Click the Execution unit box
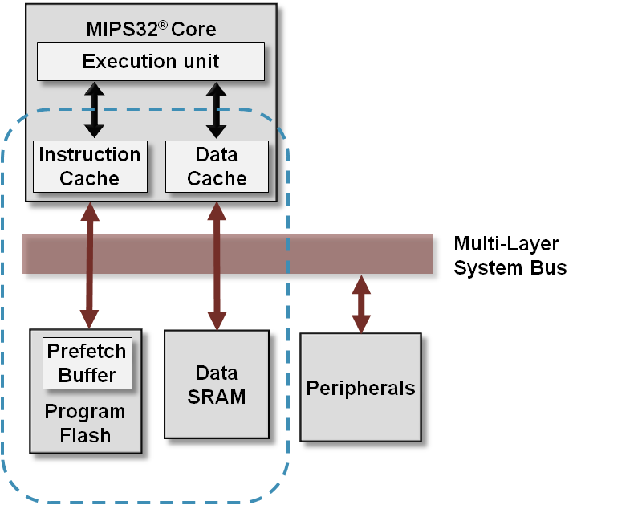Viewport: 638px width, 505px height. click(151, 62)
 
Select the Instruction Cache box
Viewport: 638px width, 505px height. click(90, 166)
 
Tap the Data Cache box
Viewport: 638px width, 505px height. click(217, 166)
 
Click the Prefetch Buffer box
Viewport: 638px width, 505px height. click(87, 363)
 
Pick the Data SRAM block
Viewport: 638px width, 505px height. click(217, 385)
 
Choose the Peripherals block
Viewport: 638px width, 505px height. click(360, 389)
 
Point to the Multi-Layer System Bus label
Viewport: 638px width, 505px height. click(510, 255)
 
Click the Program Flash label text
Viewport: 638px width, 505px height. click(85, 424)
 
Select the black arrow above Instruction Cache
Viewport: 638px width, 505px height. click(95, 109)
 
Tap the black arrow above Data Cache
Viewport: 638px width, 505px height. click(216, 109)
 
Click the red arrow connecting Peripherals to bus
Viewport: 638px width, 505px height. click(361, 304)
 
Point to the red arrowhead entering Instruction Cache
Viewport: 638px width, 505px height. click(89, 210)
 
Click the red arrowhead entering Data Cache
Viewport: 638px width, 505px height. click(216, 210)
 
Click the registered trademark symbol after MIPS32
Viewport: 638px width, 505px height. click(162, 25)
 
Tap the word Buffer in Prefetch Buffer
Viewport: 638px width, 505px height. click(87, 375)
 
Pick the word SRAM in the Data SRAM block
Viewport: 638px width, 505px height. click(217, 397)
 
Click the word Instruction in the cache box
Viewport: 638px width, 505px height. click(90, 155)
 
